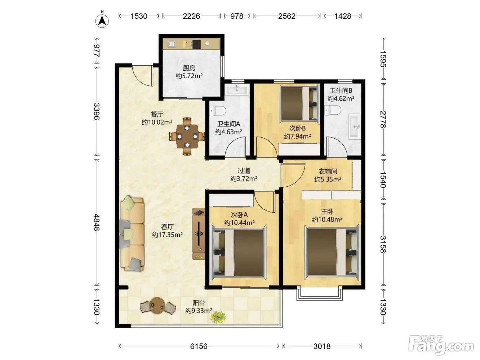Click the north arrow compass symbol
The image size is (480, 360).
[x=102, y=20]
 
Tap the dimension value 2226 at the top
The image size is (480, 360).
[x=191, y=16]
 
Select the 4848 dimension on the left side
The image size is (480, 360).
[x=97, y=222]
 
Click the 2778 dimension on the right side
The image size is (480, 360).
[x=383, y=119]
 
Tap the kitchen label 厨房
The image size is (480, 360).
[x=189, y=68]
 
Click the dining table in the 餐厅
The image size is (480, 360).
[x=187, y=136]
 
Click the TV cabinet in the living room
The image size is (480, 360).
[x=199, y=234]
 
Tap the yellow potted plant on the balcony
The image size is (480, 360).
[x=218, y=317]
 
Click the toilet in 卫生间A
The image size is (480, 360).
[x=218, y=111]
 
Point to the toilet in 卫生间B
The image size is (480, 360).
[x=333, y=110]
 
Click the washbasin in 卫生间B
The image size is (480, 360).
[x=355, y=127]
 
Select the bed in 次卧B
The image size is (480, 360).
[x=298, y=104]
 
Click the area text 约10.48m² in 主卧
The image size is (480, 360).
[x=327, y=219]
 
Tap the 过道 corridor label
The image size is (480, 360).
[x=244, y=170]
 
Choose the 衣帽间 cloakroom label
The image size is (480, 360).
[x=328, y=172]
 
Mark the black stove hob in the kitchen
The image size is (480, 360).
[x=196, y=44]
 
